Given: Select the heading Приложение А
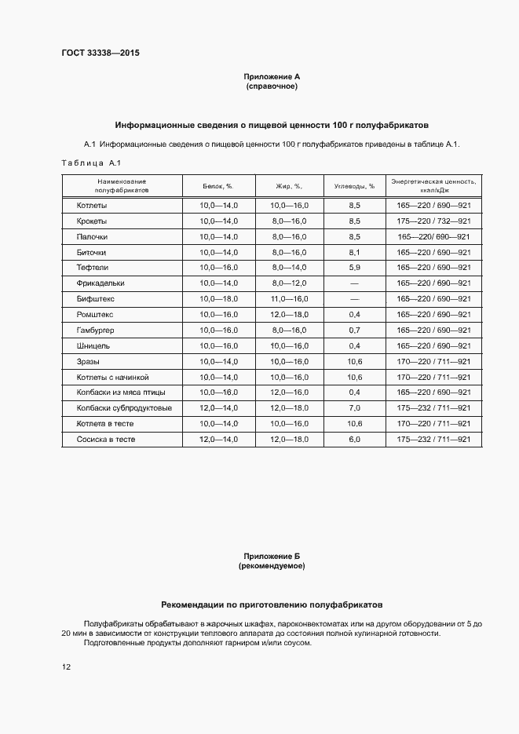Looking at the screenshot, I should (272, 77).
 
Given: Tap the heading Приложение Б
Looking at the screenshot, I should (272, 556).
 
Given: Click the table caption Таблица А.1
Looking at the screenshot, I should (89, 163).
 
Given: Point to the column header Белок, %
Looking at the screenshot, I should (218, 186).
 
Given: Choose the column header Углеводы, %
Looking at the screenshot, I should (354, 186).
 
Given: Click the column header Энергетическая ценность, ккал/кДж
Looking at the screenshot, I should (433, 186).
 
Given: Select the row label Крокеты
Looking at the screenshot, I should (92, 221).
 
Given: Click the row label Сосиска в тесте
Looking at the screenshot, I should (106, 440).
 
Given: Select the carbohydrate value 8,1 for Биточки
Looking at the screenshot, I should (354, 253).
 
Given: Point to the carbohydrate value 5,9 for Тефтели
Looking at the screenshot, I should (354, 268).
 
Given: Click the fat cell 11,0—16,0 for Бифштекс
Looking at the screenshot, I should (291, 299).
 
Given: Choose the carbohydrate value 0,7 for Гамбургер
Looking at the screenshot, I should (354, 330).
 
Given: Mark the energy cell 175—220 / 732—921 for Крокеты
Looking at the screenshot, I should (433, 221).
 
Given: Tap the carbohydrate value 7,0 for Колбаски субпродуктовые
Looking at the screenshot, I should (354, 408).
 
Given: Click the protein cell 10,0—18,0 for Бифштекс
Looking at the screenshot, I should (218, 299).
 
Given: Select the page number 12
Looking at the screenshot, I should (67, 667).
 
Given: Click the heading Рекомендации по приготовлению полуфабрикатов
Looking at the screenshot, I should (272, 605).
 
